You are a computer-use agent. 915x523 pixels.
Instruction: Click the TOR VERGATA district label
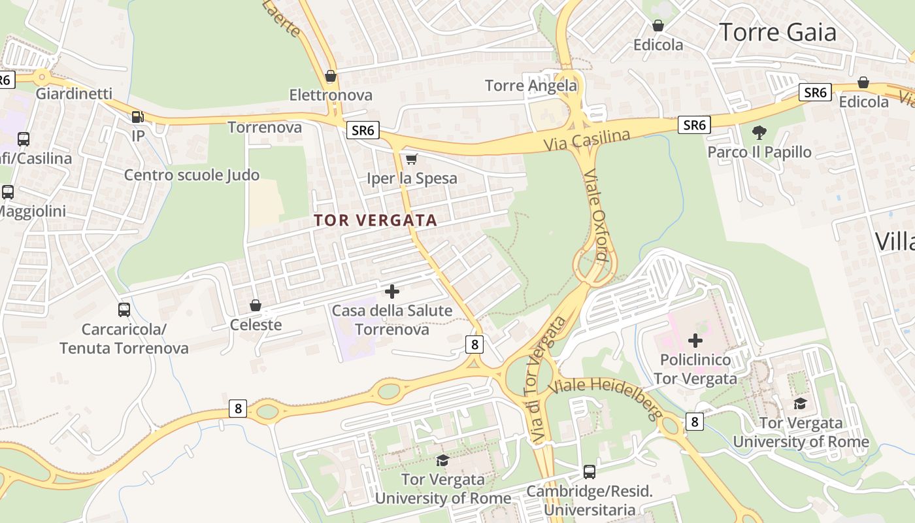pyautogui.click(x=375, y=220)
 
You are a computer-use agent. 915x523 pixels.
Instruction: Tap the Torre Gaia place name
pyautogui.click(x=777, y=31)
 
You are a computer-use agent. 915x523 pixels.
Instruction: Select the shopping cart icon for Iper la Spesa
pyautogui.click(x=411, y=159)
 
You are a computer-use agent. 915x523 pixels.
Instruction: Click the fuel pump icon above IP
pyautogui.click(x=138, y=117)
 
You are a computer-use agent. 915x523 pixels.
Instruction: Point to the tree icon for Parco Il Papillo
pyautogui.click(x=759, y=133)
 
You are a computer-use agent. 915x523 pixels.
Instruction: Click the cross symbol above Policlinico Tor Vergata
pyautogui.click(x=695, y=340)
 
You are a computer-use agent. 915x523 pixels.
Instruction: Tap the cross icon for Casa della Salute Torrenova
pyautogui.click(x=392, y=291)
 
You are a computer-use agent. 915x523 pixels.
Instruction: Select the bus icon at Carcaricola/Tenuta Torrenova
pyautogui.click(x=124, y=309)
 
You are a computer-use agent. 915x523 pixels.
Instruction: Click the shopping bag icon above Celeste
pyautogui.click(x=256, y=305)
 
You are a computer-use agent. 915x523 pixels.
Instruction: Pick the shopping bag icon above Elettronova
pyautogui.click(x=331, y=76)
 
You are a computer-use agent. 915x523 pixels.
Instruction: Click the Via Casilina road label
pyautogui.click(x=587, y=139)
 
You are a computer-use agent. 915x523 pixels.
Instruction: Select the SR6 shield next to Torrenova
pyautogui.click(x=363, y=130)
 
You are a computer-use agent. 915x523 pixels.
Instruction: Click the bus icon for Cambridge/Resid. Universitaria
pyautogui.click(x=589, y=471)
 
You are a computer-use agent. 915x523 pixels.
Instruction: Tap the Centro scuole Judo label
pyautogui.click(x=191, y=175)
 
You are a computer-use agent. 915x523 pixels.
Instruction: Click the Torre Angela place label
pyautogui.click(x=531, y=85)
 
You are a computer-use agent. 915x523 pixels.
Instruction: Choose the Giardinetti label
pyautogui.click(x=74, y=93)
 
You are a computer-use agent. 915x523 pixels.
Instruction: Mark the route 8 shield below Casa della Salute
pyautogui.click(x=474, y=344)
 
